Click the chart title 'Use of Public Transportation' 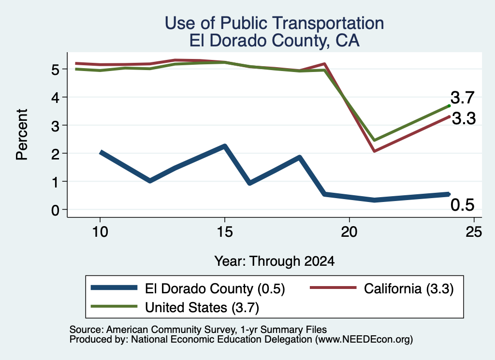click(275, 23)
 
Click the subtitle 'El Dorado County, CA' click(275, 41)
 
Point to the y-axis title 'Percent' click(22, 135)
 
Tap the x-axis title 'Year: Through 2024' click(275, 261)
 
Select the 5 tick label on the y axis click(55, 69)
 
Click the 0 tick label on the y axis click(55, 210)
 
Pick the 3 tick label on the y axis click(55, 126)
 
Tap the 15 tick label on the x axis click(225, 232)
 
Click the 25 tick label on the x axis click(474, 232)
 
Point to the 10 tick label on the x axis click(100, 232)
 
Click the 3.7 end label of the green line click(463, 98)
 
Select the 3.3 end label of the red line click(464, 119)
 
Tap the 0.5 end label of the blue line click(463, 205)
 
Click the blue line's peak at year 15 click(225, 146)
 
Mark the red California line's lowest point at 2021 click(375, 151)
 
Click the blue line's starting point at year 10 click(101, 153)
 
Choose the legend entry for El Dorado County click(188, 288)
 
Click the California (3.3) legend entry click(382, 288)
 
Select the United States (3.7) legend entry click(175, 307)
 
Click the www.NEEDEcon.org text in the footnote click(364, 340)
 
